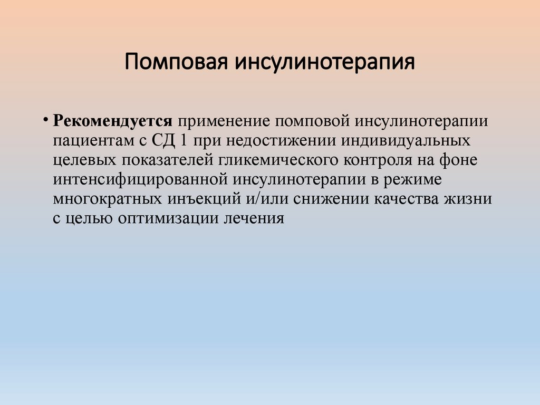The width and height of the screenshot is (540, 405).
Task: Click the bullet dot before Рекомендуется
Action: point(46,118)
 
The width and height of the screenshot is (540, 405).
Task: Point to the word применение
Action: point(226,122)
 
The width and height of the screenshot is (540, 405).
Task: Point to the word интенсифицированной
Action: point(140,180)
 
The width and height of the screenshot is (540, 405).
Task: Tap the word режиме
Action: point(414,180)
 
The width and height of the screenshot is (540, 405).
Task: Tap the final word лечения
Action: point(253,218)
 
